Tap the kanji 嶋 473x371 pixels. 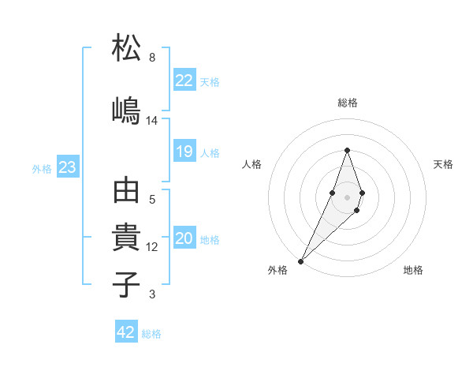[x=126, y=109]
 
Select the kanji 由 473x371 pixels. [x=126, y=192]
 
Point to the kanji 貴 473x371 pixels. [x=126, y=238]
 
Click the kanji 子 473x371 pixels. [x=126, y=283]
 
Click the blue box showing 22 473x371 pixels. [x=184, y=80]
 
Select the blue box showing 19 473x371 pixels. [x=184, y=152]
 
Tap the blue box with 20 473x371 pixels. [x=184, y=239]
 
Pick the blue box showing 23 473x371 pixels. [x=67, y=167]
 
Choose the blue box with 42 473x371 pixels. [x=126, y=332]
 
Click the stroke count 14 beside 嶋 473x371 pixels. [x=152, y=121]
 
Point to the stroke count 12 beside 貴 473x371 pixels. [x=152, y=247]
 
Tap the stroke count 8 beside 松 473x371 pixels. [x=152, y=58]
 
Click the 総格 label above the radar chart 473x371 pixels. [x=348, y=103]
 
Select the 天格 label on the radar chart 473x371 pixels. [x=443, y=164]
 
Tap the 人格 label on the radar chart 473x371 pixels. [x=252, y=164]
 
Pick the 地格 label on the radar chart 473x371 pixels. [x=413, y=270]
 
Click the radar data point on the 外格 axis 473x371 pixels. [x=300, y=260]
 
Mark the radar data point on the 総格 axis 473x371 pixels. [x=347, y=150]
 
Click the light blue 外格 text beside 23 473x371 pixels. [x=42, y=168]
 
